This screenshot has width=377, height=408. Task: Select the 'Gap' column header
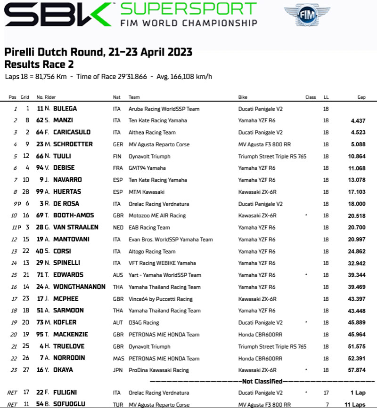(361, 97)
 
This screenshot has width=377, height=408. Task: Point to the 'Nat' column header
(117, 97)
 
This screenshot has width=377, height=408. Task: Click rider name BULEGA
(65, 109)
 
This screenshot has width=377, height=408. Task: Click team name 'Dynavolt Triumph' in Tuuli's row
(149, 156)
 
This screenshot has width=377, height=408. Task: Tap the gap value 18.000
(356, 204)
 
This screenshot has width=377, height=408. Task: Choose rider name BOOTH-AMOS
(74, 216)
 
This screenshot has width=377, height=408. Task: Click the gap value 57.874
(356, 370)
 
